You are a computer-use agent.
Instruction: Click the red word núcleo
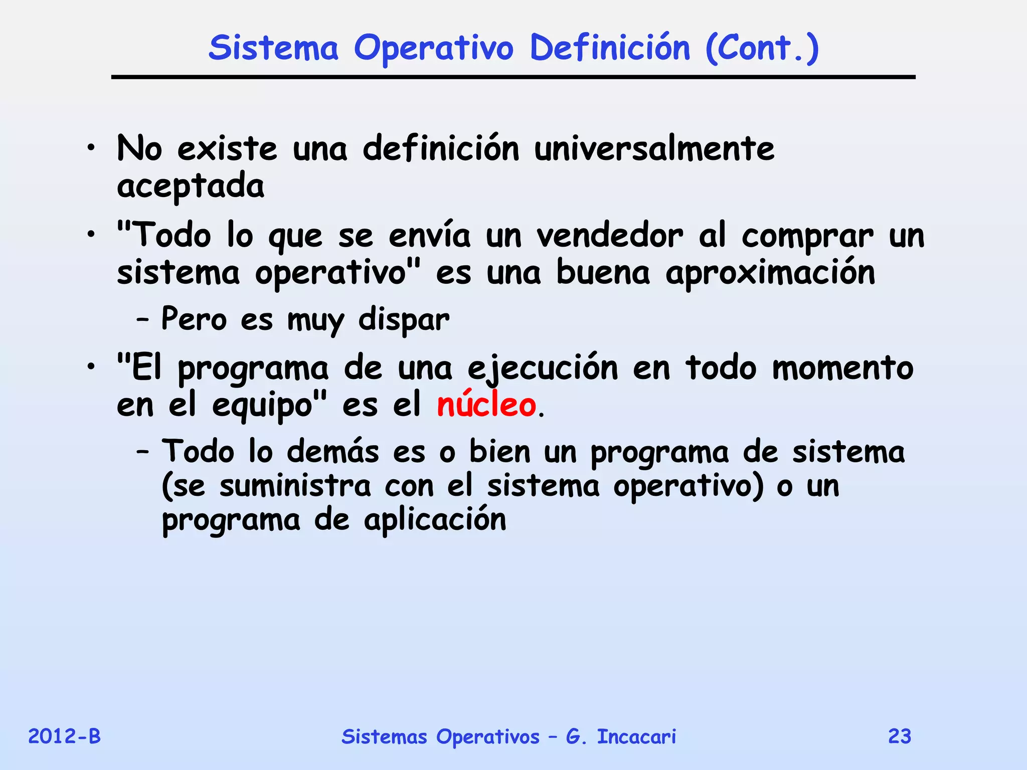[486, 405]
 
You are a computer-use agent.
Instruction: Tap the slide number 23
[900, 736]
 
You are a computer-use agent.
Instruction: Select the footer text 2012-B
[64, 736]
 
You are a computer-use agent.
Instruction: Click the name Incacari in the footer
[636, 736]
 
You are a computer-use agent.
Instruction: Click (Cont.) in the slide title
[762, 49]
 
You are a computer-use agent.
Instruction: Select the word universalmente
[654, 149]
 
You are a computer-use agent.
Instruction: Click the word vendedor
[609, 236]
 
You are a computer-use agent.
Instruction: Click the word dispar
[404, 320]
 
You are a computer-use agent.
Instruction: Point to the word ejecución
[543, 368]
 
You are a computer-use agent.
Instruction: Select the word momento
[842, 368]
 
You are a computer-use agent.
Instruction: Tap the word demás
[332, 451]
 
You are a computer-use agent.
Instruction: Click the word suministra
[295, 486]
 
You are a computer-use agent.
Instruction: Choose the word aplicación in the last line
[435, 520]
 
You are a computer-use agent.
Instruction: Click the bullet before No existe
[90, 149]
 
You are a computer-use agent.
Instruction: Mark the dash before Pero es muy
[142, 320]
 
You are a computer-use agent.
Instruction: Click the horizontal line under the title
[513, 77]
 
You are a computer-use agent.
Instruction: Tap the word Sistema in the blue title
[273, 48]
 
